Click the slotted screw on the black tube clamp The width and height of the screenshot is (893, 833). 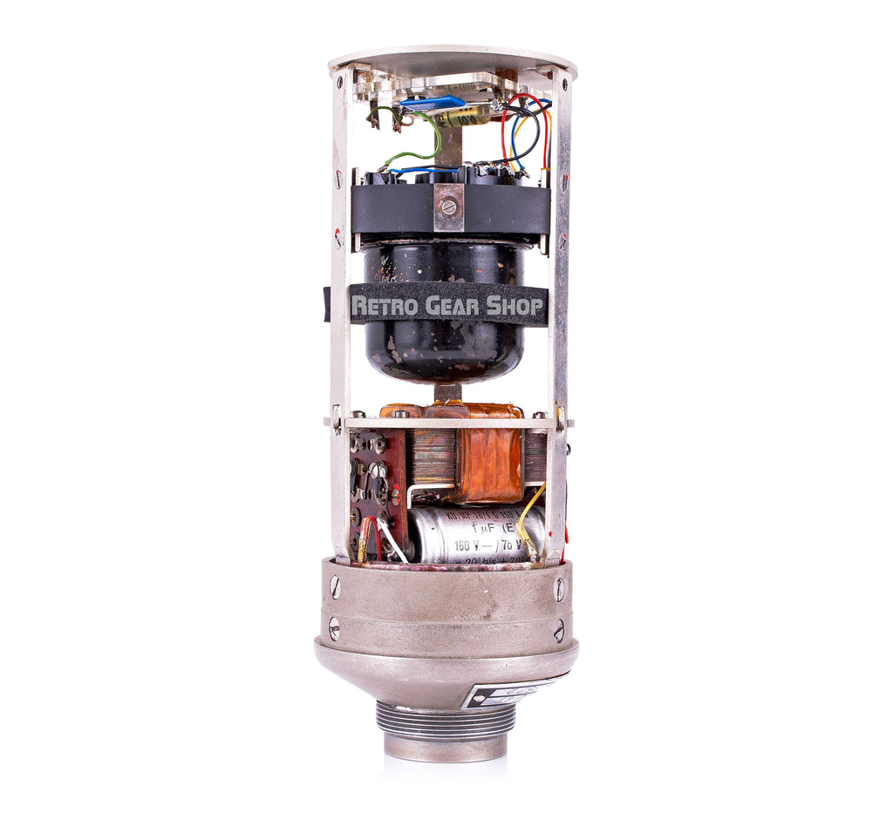pos(449,207)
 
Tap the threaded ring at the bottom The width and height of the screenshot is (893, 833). pos(446,720)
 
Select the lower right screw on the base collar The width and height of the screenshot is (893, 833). pos(558,629)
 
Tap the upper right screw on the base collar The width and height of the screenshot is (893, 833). pos(559,589)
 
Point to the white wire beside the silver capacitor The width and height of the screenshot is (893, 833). pos(391,540)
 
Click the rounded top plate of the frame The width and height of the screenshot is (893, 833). pos(453,59)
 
